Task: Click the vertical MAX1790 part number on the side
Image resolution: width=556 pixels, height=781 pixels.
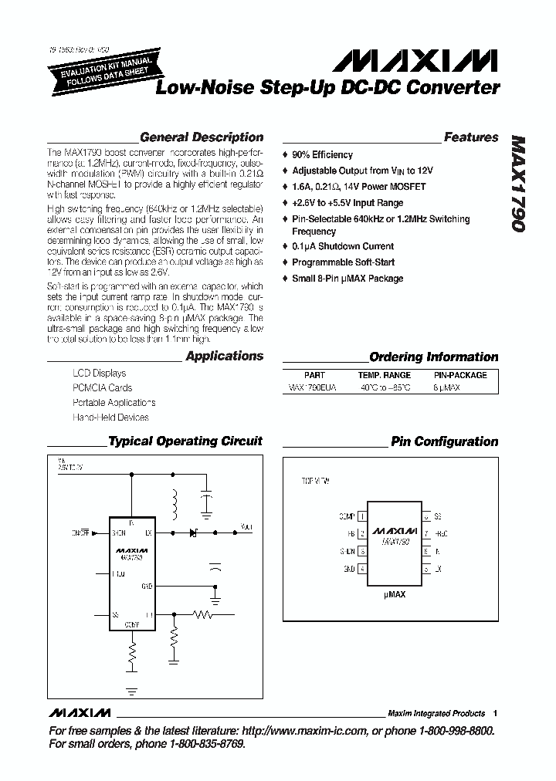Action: click(517, 186)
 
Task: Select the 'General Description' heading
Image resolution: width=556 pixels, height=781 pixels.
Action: click(201, 137)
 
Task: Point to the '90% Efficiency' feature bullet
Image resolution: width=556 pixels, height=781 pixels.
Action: click(322, 155)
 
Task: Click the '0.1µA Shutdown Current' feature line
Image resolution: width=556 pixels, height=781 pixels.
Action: click(343, 246)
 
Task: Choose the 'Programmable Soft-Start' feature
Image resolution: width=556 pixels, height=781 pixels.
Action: click(343, 262)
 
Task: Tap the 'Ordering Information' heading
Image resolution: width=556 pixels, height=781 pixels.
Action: click(433, 357)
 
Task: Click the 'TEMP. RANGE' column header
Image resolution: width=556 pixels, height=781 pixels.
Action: click(384, 375)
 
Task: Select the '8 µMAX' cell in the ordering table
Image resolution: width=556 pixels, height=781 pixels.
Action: click(446, 388)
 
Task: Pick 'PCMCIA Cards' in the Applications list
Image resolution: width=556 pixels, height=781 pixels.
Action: click(102, 388)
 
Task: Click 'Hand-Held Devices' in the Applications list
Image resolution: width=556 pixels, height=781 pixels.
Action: click(110, 418)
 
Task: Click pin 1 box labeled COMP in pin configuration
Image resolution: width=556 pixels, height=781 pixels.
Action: click(362, 516)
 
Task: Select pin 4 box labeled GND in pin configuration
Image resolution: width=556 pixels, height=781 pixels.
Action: click(362, 570)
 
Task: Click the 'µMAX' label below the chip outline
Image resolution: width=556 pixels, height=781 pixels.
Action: click(394, 596)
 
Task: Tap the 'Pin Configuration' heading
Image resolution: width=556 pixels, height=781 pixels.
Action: click(444, 441)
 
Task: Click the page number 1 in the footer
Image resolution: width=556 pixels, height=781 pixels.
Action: click(495, 713)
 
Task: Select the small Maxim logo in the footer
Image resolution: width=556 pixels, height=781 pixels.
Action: click(80, 712)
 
